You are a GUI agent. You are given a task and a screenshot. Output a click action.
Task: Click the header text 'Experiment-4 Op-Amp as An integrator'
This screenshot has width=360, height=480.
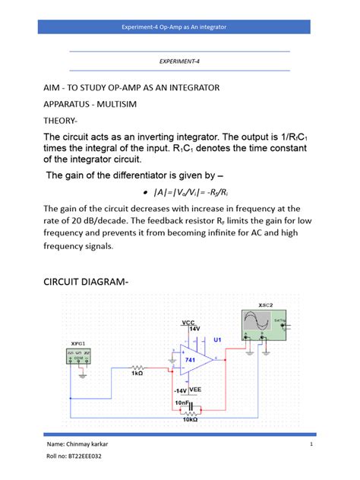tap(179, 27)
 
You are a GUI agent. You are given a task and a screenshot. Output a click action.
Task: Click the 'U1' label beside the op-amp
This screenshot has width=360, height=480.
tap(216, 339)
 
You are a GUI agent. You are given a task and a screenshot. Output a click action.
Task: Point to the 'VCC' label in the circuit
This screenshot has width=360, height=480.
tap(188, 323)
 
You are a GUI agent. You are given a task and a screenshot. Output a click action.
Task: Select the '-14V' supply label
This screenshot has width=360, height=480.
tap(182, 390)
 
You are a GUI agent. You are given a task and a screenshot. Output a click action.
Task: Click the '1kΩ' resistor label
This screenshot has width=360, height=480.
tap(137, 374)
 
